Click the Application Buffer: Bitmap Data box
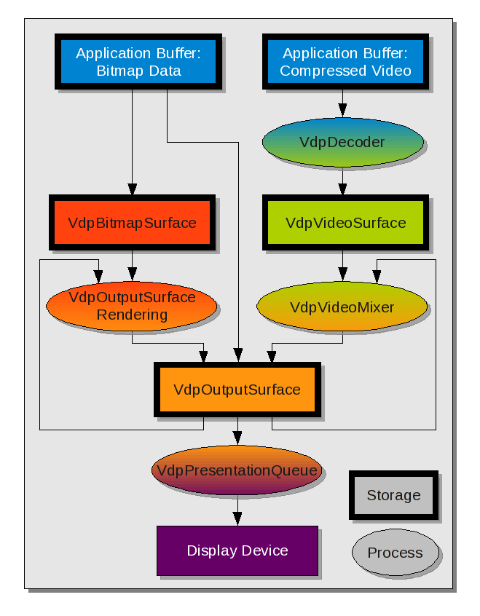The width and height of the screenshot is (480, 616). [x=138, y=62]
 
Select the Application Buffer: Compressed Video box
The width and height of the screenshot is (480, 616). [x=345, y=62]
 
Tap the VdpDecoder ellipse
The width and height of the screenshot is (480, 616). [x=342, y=142]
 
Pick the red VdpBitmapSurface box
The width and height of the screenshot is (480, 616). [x=132, y=223]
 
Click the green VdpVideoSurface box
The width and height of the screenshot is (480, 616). [x=345, y=223]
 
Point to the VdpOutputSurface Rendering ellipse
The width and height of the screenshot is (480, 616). [x=132, y=306]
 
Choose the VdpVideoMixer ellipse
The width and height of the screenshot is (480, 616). [x=342, y=307]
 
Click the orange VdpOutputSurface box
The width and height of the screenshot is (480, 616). [x=237, y=389]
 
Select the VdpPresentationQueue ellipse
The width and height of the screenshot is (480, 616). [x=237, y=470]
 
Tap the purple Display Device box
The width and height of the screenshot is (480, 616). [x=237, y=550]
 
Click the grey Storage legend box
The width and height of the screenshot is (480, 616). [x=394, y=495]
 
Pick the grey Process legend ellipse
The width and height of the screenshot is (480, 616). [x=396, y=553]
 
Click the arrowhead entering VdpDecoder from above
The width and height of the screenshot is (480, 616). [x=342, y=113]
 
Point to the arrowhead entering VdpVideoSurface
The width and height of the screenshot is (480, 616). [x=342, y=191]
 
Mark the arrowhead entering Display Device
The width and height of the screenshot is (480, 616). [x=237, y=519]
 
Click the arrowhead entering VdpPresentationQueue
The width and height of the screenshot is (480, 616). [x=237, y=438]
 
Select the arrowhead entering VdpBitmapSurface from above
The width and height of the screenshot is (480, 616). [x=132, y=191]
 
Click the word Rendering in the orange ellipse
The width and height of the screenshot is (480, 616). [x=132, y=315]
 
